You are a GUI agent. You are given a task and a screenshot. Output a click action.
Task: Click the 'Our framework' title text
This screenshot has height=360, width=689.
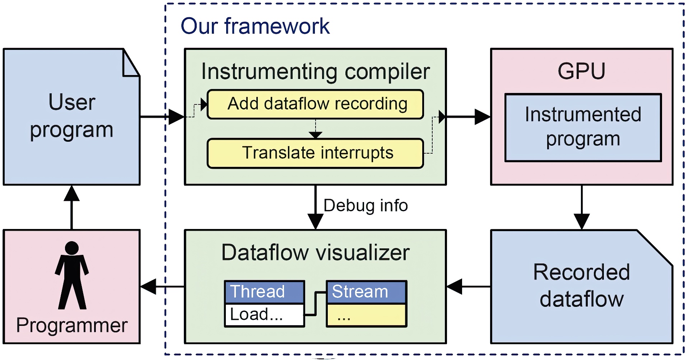tap(255, 26)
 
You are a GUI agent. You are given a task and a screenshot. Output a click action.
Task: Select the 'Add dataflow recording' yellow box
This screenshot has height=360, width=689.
tap(315, 104)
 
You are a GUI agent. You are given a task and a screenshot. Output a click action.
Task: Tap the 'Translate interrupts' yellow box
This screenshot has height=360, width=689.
tap(315, 153)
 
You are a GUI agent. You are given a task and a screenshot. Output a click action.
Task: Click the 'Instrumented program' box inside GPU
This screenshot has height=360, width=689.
tap(583, 127)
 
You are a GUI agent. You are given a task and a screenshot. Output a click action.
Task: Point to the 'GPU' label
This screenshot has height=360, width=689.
tap(581, 71)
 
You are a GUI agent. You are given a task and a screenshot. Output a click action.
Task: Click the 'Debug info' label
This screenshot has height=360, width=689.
tap(366, 206)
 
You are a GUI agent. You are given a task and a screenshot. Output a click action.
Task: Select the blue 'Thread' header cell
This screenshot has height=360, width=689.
tap(264, 292)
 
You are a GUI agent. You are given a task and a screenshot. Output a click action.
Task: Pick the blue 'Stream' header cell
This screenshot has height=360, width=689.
tap(366, 292)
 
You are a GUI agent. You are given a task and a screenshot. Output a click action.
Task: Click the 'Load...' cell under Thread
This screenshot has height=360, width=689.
tap(264, 315)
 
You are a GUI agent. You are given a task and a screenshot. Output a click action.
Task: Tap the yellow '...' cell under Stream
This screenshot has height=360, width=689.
tap(366, 315)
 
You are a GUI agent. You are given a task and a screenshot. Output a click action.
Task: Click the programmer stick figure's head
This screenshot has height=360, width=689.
tap(72, 248)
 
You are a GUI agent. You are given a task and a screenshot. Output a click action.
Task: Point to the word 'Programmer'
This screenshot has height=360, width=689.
tap(72, 326)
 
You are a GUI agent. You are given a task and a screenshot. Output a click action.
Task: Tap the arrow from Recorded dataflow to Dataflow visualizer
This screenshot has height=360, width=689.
tap(468, 287)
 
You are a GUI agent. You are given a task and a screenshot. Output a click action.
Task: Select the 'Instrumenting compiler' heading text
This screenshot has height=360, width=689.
tap(315, 71)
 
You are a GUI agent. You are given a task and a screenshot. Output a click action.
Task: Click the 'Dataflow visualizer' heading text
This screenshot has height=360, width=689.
tap(315, 252)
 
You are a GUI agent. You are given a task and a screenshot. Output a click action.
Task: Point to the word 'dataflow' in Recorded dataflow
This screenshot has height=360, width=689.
tap(581, 299)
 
